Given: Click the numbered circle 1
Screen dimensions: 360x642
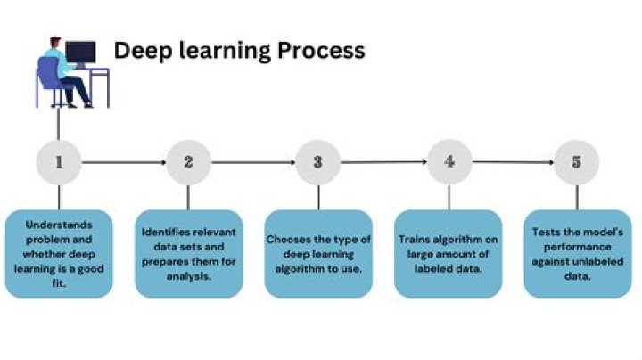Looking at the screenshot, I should (59, 162).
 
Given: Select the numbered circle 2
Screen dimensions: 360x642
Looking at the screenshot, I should (188, 162).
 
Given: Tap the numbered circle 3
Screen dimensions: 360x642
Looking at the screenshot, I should (318, 162).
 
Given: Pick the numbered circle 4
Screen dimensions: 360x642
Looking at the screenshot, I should (449, 162).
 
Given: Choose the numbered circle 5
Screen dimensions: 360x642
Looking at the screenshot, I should (576, 162).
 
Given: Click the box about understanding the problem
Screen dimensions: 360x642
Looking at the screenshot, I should (59, 253).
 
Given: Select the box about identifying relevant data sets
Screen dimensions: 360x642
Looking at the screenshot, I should (188, 253).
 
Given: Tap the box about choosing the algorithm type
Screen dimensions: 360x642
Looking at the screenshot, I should (318, 253).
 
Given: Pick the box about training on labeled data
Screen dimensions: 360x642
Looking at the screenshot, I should (449, 253).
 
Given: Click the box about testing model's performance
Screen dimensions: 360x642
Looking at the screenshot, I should (576, 253).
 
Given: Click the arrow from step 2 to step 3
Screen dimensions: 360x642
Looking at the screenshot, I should (253, 162).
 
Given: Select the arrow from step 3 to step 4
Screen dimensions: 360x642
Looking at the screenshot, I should (383, 162).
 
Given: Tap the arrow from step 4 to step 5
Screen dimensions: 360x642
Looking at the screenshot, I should (513, 162).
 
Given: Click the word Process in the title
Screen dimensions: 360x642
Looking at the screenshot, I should (321, 51).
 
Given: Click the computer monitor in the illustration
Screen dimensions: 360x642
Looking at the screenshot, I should (80, 52).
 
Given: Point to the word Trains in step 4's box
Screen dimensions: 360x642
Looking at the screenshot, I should (415, 240).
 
